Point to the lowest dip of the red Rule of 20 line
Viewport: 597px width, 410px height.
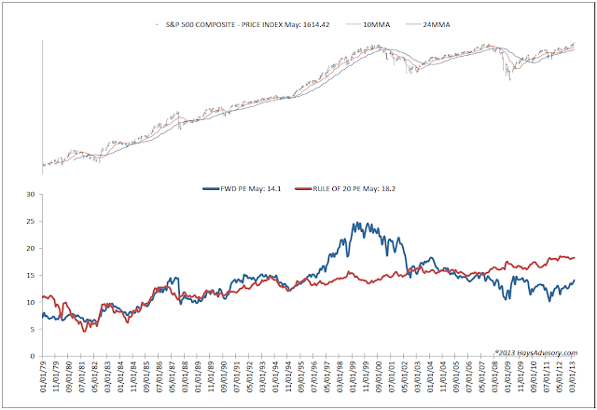pos(85,331)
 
